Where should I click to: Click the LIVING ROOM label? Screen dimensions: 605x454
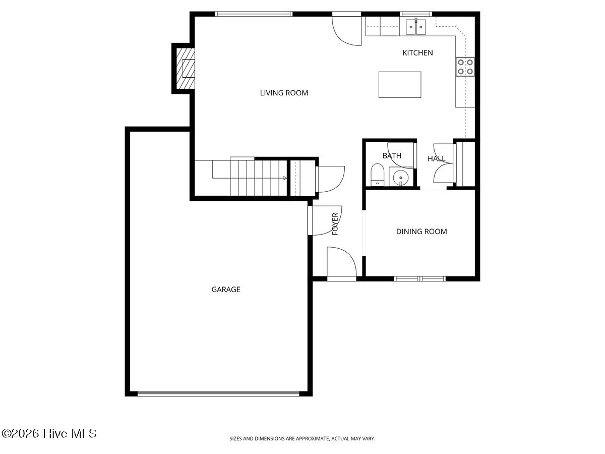[284, 93]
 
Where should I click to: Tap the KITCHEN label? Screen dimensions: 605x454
[417, 53]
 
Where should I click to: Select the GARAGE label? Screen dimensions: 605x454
[226, 290]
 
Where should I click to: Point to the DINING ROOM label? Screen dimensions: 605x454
[421, 232]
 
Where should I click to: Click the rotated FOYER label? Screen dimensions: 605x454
[335, 224]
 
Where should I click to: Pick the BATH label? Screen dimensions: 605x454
[392, 156]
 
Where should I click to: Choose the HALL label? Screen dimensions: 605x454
[436, 159]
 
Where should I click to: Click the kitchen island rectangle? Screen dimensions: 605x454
[400, 85]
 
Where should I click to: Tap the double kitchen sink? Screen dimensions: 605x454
[415, 27]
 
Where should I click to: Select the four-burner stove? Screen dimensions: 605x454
[465, 67]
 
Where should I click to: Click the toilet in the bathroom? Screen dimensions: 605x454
[377, 175]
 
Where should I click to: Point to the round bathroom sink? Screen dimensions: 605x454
[400, 177]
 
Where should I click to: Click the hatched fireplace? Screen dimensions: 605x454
[185, 69]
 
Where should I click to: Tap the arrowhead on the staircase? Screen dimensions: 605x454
[285, 178]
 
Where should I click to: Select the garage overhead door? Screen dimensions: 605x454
[218, 393]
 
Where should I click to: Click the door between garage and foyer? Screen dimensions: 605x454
[325, 220]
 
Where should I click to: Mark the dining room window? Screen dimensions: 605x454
[419, 278]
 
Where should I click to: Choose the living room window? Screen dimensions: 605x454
[254, 14]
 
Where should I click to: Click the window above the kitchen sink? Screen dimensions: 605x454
[416, 14]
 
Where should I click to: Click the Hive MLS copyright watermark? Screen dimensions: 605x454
[49, 434]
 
